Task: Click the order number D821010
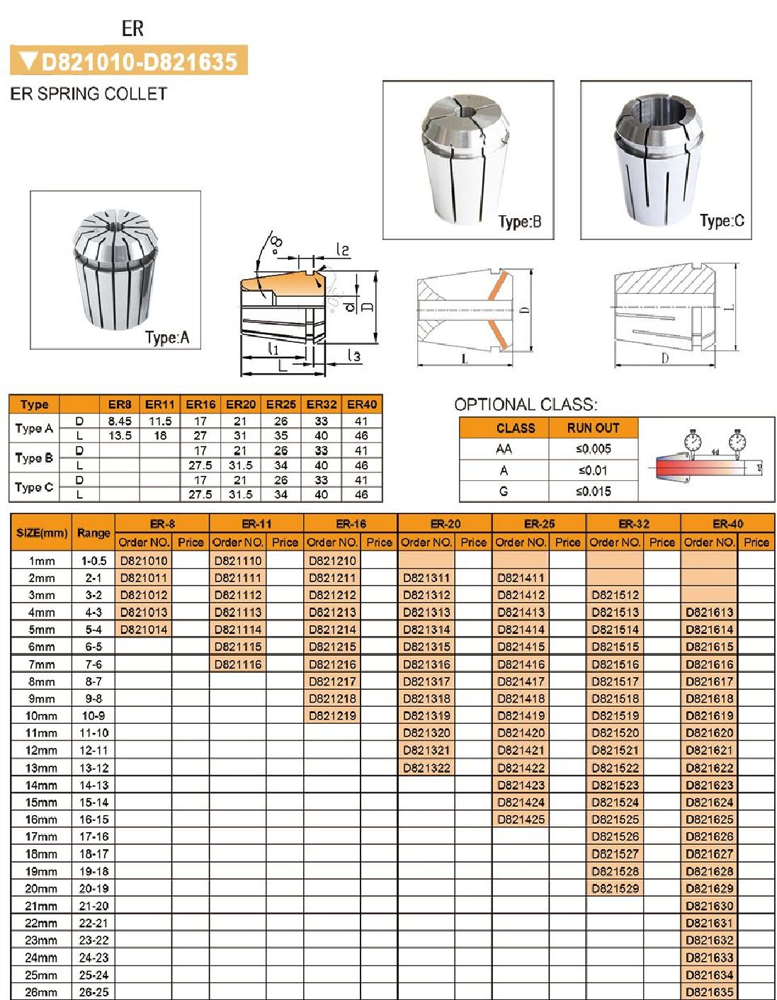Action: click(144, 560)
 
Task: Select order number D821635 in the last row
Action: click(709, 992)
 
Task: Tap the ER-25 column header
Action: click(539, 524)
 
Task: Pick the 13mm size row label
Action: click(41, 768)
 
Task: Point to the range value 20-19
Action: click(93, 888)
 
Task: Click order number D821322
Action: click(426, 768)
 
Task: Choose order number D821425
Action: click(521, 819)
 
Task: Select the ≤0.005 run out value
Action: click(593, 449)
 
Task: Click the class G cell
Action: click(504, 491)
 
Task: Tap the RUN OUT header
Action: click(593, 428)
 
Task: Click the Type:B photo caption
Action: click(520, 222)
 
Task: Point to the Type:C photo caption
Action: click(722, 221)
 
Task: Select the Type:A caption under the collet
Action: click(167, 337)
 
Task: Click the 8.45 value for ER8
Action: click(120, 421)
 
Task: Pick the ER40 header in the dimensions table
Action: click(362, 404)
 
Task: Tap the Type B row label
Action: click(34, 458)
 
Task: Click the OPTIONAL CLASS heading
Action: click(526, 404)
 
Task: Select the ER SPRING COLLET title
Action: click(89, 93)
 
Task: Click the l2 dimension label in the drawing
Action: click(343, 250)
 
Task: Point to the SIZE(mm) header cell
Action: click(41, 533)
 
